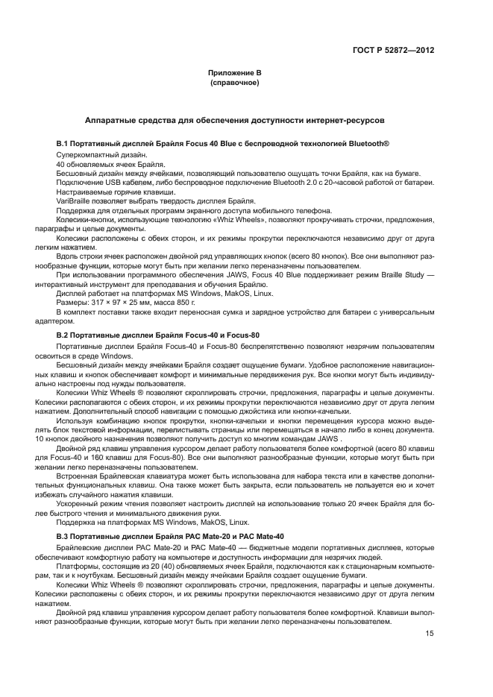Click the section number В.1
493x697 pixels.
click(63, 142)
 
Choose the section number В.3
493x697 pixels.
click(63, 537)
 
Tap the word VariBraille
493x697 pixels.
click(72, 201)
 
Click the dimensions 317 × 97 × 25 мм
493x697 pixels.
click(119, 303)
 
